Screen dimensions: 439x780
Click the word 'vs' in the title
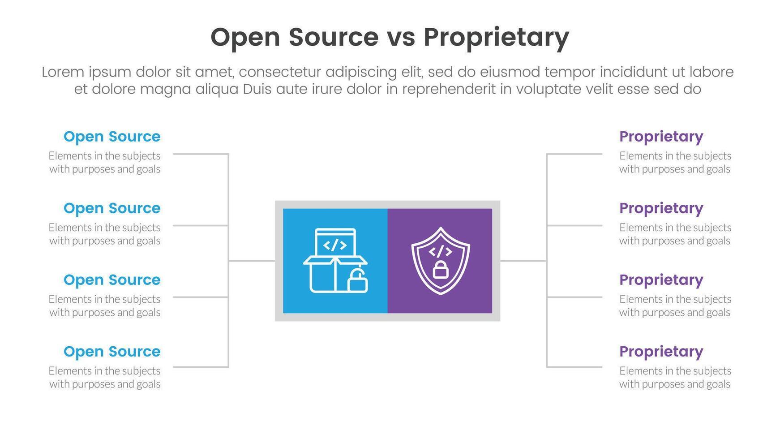click(401, 37)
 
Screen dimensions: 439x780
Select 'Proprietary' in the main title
click(496, 38)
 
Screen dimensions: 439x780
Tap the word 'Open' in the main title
click(245, 38)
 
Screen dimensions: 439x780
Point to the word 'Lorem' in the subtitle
click(63, 72)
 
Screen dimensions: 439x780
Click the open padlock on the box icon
click(357, 282)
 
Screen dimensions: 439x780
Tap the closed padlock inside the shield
click(441, 270)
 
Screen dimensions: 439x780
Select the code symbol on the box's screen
click(335, 245)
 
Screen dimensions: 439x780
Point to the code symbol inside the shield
click(441, 251)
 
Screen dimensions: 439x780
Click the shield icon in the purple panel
click(441, 261)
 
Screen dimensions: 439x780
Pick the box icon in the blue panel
click(335, 261)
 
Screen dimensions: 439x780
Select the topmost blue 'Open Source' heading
click(112, 137)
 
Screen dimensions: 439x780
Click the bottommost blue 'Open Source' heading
click(112, 352)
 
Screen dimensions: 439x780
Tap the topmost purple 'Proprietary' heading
click(661, 137)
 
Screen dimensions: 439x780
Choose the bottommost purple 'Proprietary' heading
click(661, 352)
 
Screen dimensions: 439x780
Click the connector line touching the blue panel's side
click(252, 261)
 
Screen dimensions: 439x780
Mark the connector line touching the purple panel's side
click(523, 261)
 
